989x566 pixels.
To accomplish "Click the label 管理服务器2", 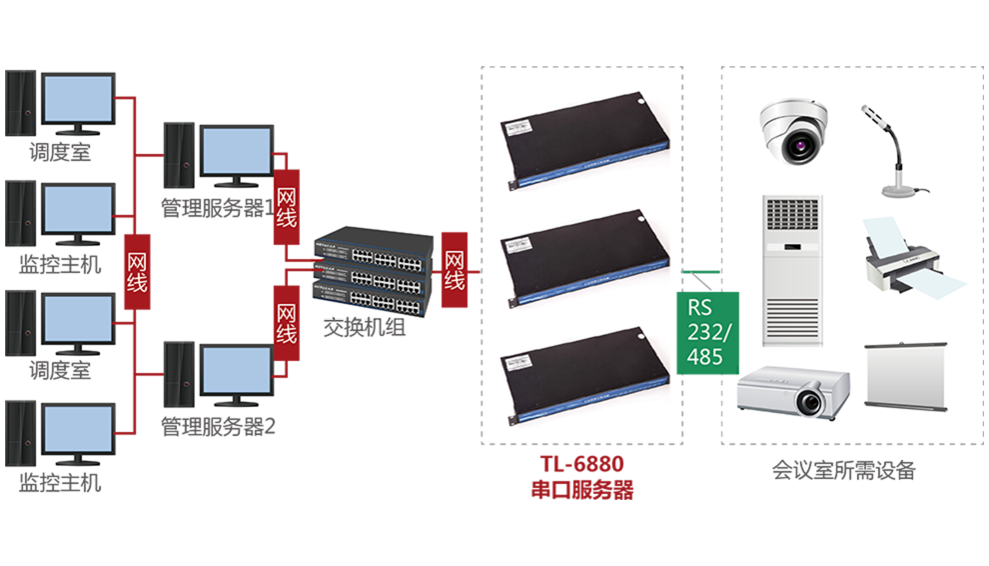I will coord(218,426).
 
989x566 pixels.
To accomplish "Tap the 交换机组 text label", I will coord(365,327).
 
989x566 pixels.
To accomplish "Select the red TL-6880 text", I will coord(581,466).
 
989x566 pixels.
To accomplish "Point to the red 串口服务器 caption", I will coord(581,490).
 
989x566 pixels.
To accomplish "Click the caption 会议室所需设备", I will coord(843,470).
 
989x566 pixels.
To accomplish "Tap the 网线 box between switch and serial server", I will coord(455,261).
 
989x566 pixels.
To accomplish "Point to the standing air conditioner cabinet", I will coord(792,271).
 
